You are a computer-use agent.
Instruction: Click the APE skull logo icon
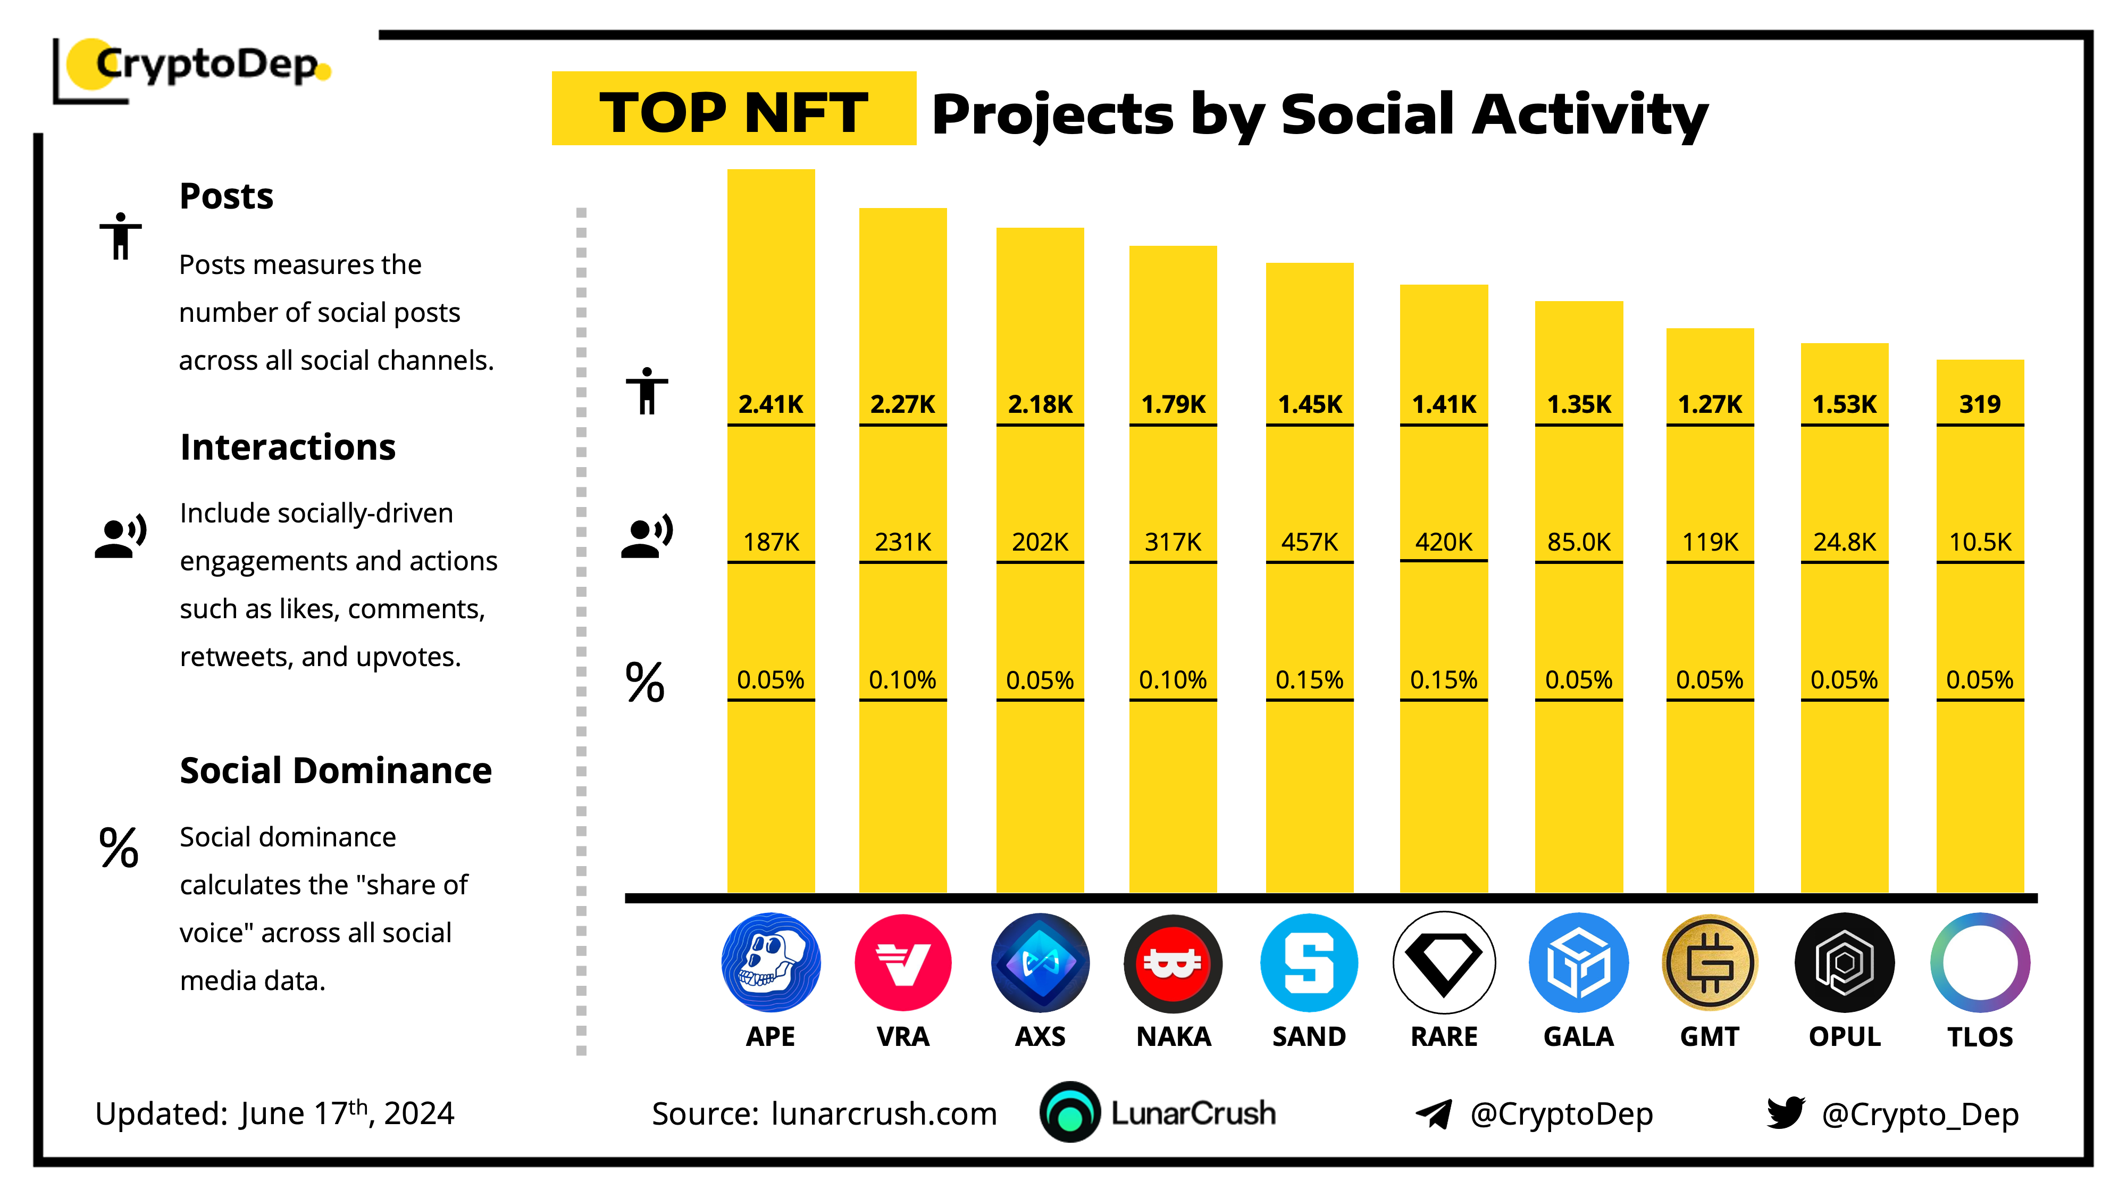[771, 962]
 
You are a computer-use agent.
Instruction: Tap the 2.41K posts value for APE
[771, 404]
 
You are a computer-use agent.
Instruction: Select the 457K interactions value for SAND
[1310, 542]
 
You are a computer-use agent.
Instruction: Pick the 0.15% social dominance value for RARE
[1443, 680]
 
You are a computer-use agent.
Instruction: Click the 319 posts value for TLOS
[1979, 404]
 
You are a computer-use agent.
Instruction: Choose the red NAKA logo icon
[1173, 962]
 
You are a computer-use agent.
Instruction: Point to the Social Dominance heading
[335, 771]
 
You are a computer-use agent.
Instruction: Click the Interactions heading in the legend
[287, 447]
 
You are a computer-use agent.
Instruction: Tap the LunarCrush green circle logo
[1070, 1113]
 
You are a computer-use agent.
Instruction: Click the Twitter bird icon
[1785, 1113]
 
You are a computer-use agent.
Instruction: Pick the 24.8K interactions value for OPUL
[1844, 542]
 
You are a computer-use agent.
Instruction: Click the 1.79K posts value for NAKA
[1173, 404]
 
